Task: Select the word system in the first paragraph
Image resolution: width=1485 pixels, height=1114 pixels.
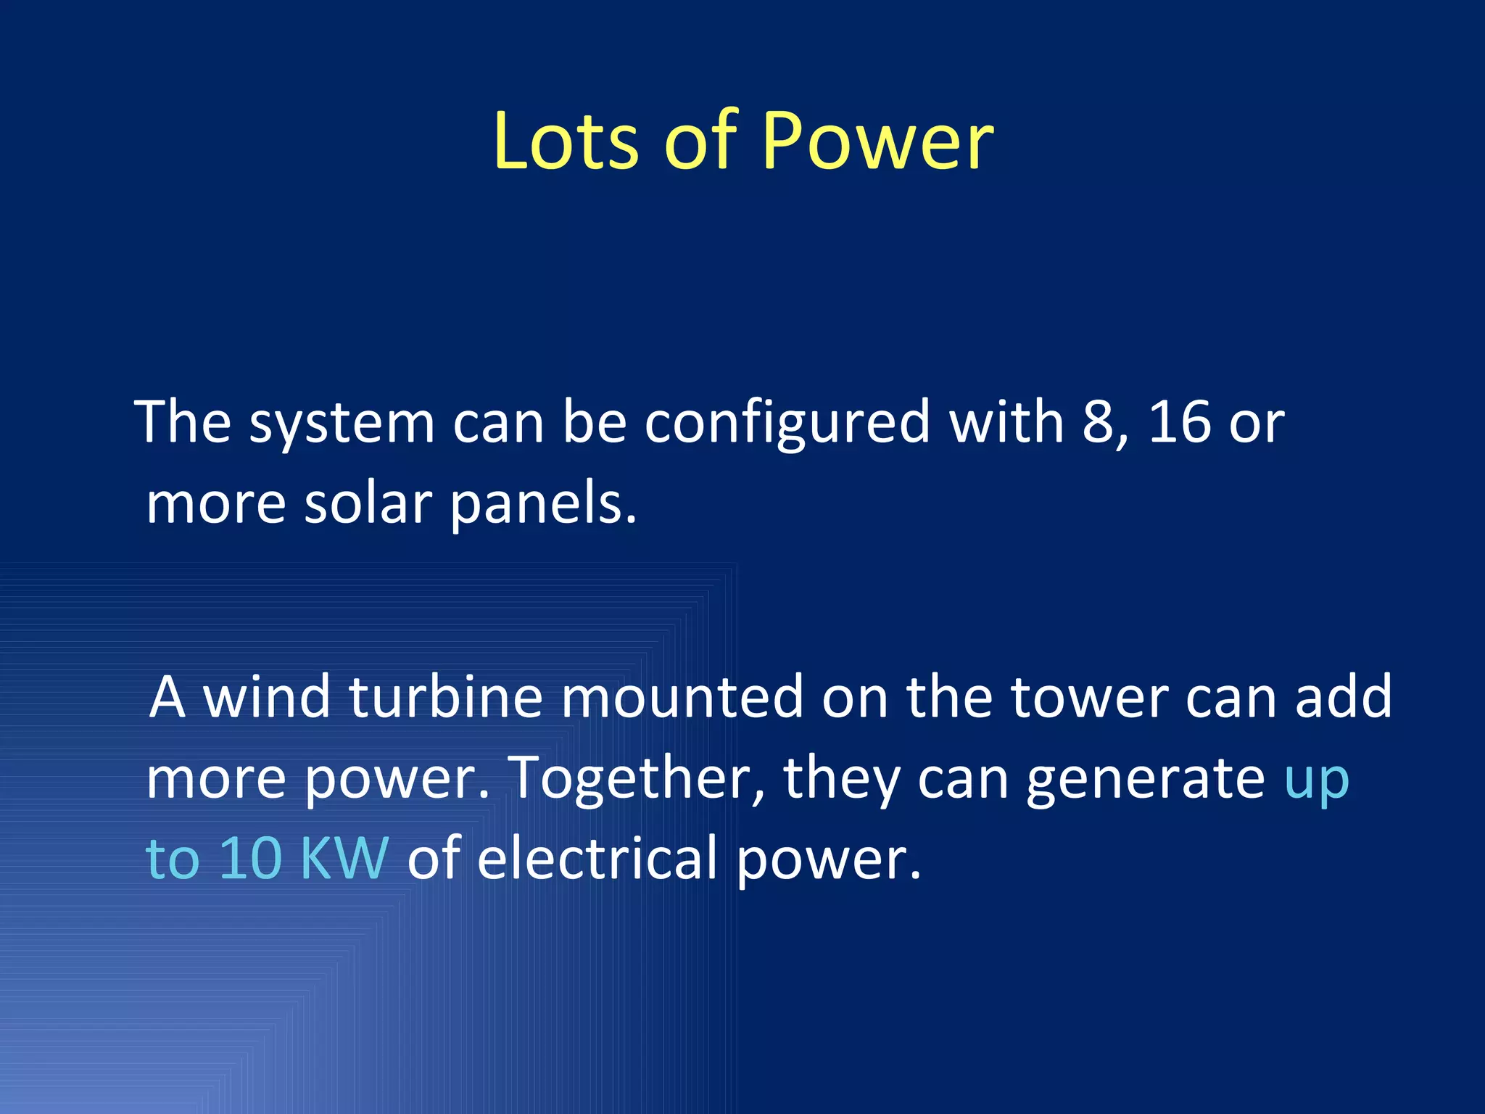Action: pos(342,424)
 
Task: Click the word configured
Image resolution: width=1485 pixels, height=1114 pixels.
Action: pos(787,424)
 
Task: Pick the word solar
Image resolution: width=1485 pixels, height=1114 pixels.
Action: pos(368,503)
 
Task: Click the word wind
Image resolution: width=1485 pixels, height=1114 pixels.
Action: pos(266,697)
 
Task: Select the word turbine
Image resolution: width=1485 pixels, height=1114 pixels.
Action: pos(446,697)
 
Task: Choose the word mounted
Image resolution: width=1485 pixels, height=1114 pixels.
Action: pos(682,697)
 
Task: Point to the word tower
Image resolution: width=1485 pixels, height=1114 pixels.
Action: pos(1089,697)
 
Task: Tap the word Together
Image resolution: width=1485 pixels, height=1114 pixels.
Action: pos(629,778)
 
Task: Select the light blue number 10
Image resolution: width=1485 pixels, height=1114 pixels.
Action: pos(250,859)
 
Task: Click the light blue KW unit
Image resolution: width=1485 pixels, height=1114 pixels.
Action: pos(344,859)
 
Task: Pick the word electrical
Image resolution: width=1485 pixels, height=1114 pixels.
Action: pos(597,859)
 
